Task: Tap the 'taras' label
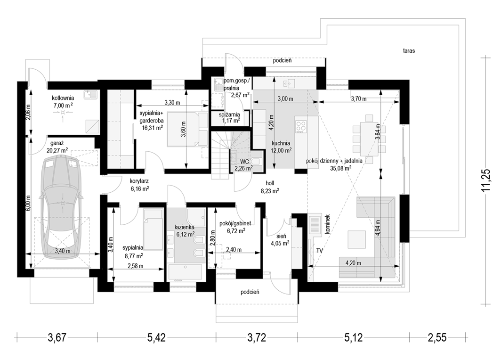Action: click(x=409, y=50)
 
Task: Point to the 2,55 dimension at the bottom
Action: click(x=437, y=338)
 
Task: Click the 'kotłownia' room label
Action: click(x=63, y=98)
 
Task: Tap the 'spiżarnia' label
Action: click(x=229, y=115)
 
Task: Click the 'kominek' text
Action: click(x=327, y=224)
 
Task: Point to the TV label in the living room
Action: click(x=319, y=251)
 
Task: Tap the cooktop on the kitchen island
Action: click(x=301, y=126)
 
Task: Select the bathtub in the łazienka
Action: click(x=186, y=272)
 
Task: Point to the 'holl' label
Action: click(x=270, y=183)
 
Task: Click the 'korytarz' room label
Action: click(x=139, y=181)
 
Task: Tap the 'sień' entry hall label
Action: click(x=282, y=236)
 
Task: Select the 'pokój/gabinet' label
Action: click(x=235, y=223)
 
